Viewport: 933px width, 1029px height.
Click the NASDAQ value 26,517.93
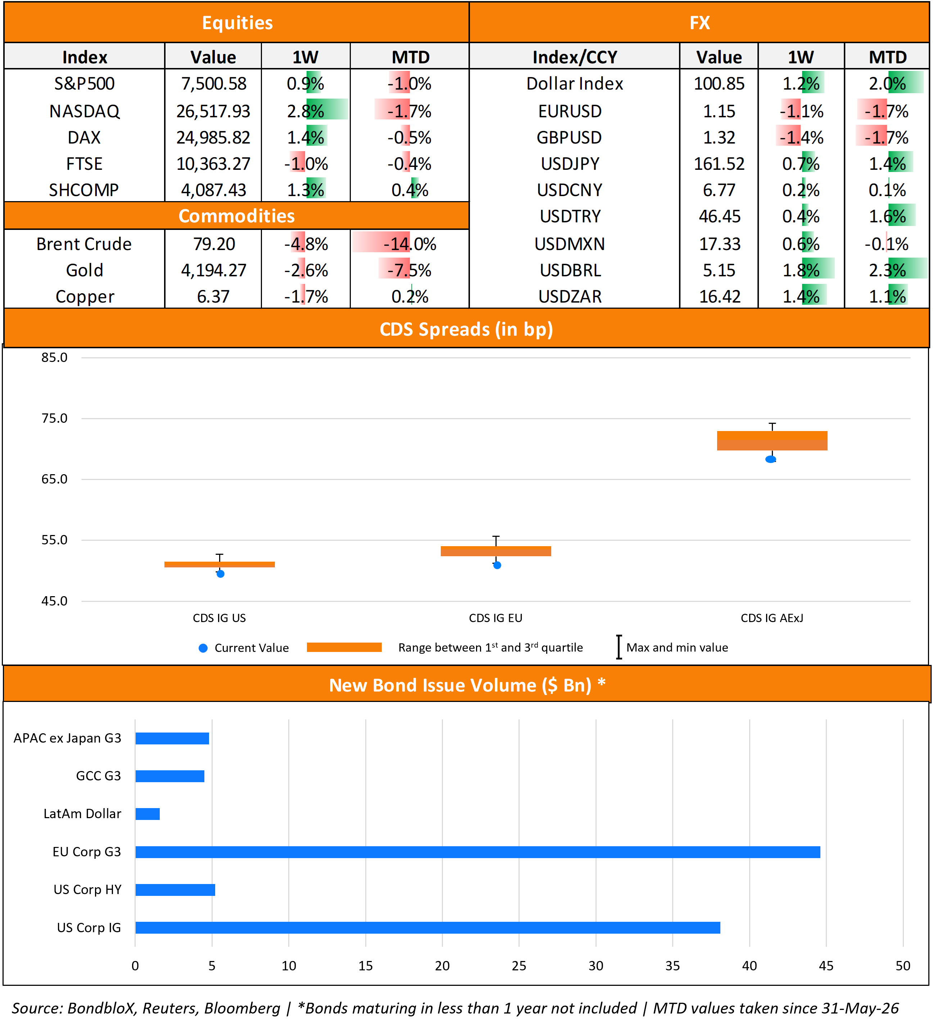[x=213, y=111]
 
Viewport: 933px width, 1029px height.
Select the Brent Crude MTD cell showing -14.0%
[x=410, y=244]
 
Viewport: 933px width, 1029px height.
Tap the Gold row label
[x=85, y=270]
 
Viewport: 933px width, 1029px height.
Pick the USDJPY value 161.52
[x=719, y=164]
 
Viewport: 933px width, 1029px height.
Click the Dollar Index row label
[x=575, y=84]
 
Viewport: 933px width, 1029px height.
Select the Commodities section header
[x=237, y=216]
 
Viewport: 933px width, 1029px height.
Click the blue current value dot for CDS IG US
[x=221, y=574]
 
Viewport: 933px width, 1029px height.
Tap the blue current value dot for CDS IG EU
[x=497, y=565]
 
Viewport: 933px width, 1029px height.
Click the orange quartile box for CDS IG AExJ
[x=772, y=440]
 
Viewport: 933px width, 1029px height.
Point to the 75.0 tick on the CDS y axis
[x=54, y=418]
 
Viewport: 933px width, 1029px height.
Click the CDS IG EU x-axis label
[x=495, y=618]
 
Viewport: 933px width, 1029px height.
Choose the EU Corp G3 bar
[x=478, y=852]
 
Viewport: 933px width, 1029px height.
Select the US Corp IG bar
[x=428, y=928]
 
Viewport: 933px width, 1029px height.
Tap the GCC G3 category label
[x=99, y=776]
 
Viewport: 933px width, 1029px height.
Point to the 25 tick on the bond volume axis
[x=519, y=966]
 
